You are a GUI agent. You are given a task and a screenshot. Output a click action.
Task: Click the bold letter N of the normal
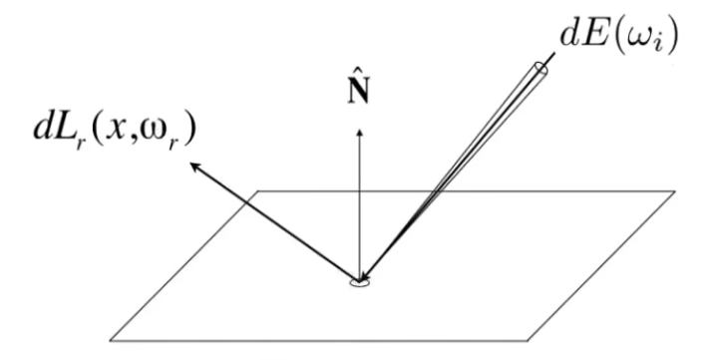[x=359, y=93]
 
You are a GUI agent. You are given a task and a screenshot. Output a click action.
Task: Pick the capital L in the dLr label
[x=65, y=129]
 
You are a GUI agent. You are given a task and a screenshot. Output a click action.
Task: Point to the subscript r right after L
[x=81, y=144]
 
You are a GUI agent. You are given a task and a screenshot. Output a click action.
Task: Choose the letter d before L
[x=43, y=129]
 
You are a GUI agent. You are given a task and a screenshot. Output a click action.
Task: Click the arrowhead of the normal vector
[x=360, y=133]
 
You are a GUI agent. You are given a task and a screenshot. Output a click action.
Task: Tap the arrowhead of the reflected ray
[x=195, y=167]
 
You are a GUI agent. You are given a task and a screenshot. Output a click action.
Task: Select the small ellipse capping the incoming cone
[x=541, y=68]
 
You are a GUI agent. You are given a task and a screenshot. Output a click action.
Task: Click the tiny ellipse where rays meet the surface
[x=360, y=283]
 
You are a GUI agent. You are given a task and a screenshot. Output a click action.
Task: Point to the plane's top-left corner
[x=257, y=190]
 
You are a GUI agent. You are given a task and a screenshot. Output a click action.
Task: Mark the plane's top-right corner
[x=675, y=190]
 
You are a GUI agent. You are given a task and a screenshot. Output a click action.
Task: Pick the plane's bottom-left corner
[x=110, y=341]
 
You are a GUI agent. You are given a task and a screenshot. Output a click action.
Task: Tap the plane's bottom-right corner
[x=528, y=341]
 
